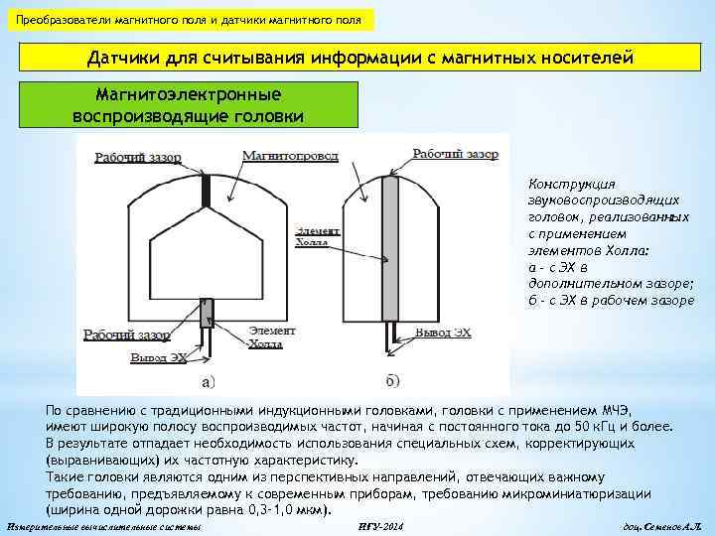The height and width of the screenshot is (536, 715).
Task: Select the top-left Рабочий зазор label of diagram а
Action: tap(138, 157)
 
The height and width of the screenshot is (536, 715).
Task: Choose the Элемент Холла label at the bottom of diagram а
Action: tap(271, 337)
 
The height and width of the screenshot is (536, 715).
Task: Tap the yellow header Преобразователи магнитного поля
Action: tap(189, 20)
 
